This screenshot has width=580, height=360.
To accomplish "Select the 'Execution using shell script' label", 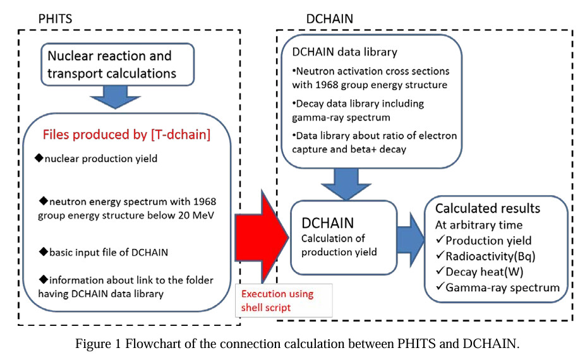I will (x=277, y=301).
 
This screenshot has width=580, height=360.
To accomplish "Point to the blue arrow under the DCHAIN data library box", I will (x=342, y=184).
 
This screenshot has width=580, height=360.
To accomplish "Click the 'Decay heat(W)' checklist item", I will (x=484, y=272).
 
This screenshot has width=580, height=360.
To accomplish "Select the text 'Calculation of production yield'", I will (x=332, y=245).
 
